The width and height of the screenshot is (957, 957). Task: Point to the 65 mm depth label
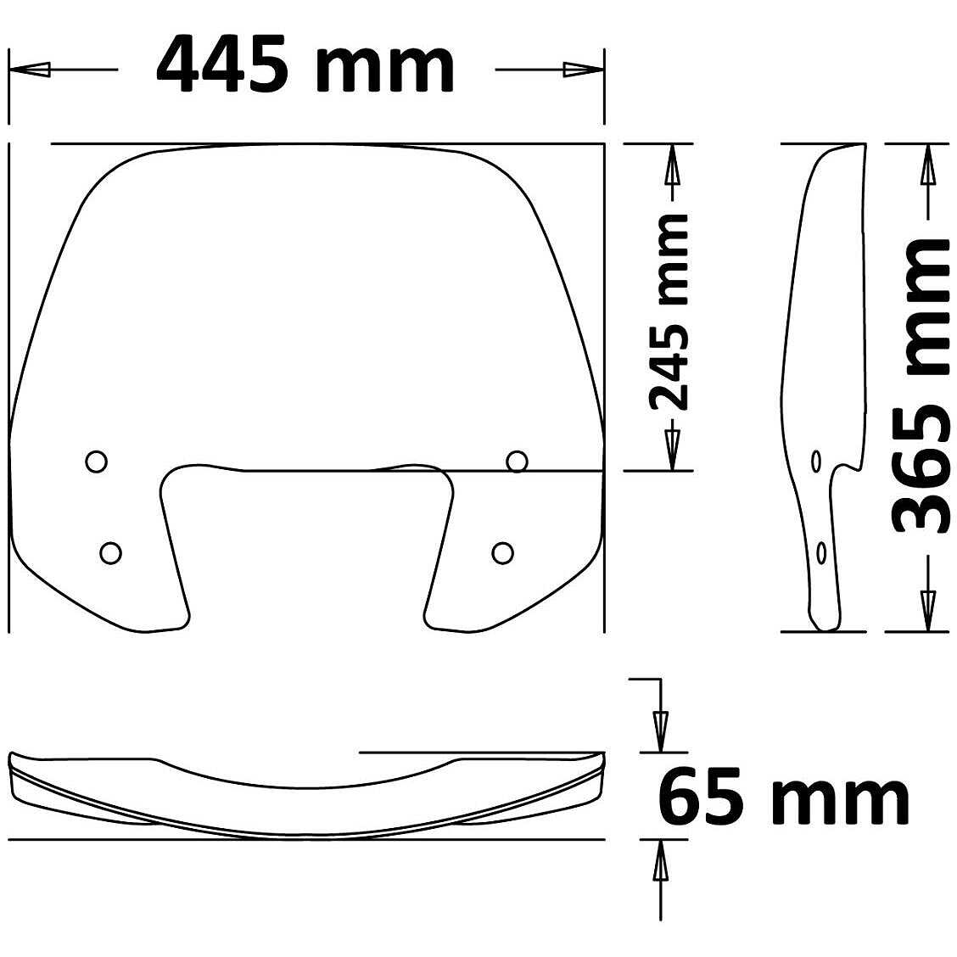point(783,797)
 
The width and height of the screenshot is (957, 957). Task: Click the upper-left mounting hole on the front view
point(97,461)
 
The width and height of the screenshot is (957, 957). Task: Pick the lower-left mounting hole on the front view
point(110,552)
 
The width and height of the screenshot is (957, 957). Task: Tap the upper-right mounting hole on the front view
point(517,462)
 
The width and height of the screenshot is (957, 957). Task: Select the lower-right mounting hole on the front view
point(503,552)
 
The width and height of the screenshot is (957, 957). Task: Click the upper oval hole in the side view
point(816,462)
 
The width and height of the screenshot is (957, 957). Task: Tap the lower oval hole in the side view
point(820,553)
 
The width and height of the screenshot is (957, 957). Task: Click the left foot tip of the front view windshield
point(161,630)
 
